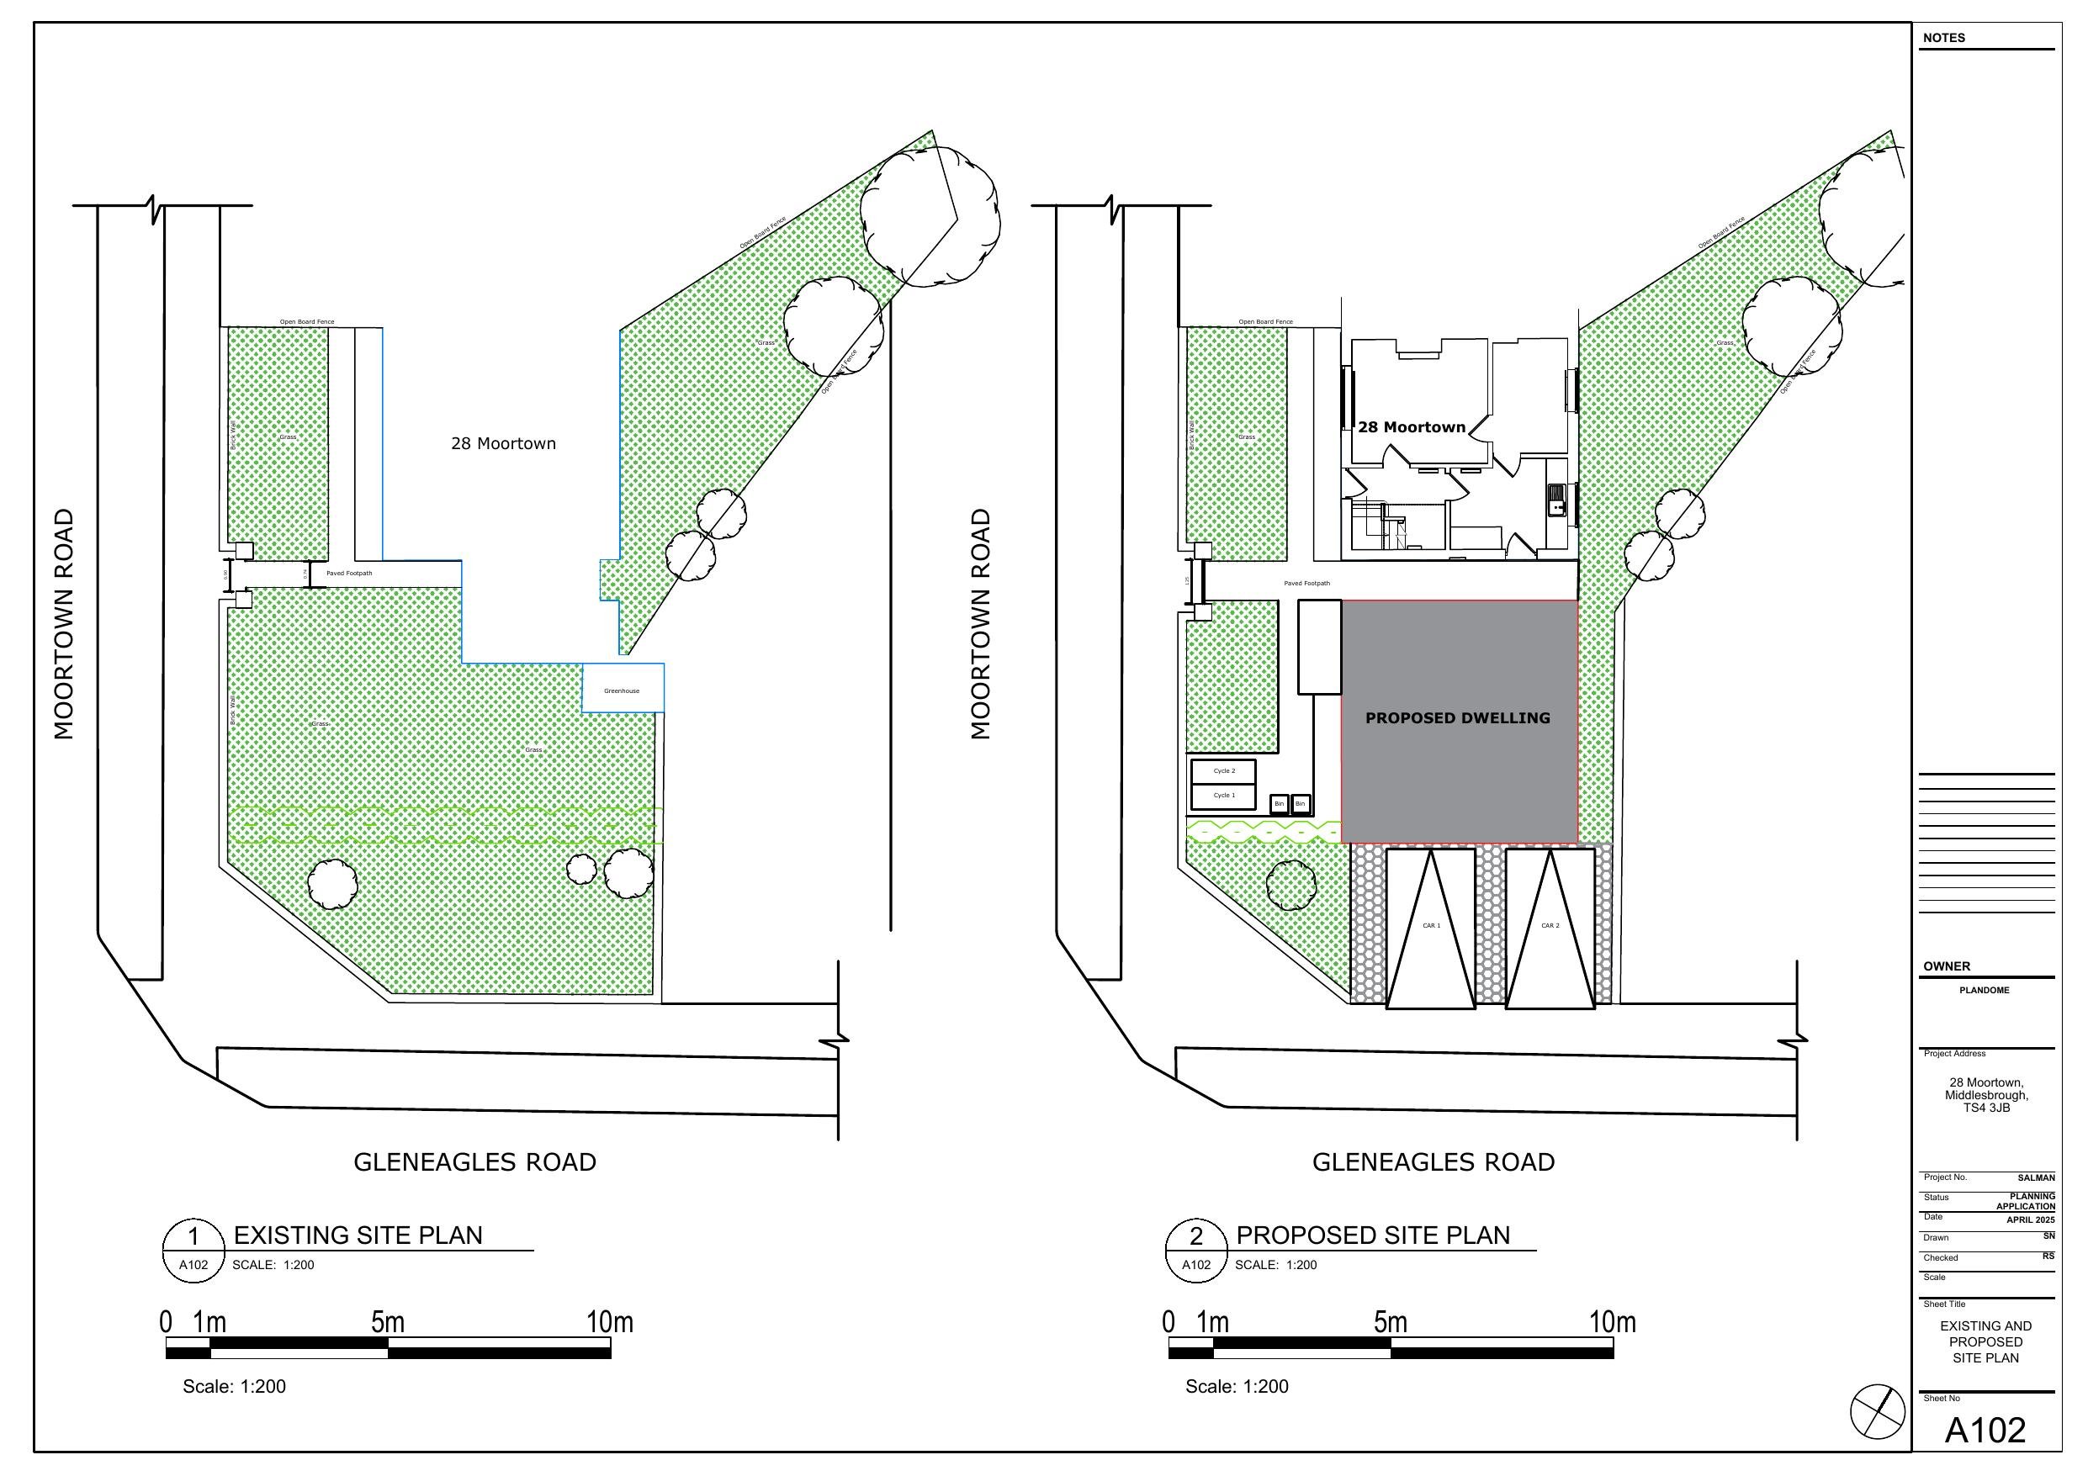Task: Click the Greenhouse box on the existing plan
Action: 622,690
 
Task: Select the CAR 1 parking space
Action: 1430,927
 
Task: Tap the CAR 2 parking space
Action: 1550,927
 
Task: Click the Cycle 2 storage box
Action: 1223,771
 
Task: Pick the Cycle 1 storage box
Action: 1223,796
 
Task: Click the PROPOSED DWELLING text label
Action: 1457,718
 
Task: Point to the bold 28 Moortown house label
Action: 1411,427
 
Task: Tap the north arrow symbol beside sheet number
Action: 1877,1411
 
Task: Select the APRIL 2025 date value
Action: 2030,1220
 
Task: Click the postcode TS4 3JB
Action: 1986,1108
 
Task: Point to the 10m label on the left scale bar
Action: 609,1322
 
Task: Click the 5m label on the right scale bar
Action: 1390,1322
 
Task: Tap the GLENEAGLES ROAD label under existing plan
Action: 474,1162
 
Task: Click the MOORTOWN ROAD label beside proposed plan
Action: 979,624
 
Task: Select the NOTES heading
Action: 1943,38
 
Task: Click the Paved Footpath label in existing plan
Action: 348,574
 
